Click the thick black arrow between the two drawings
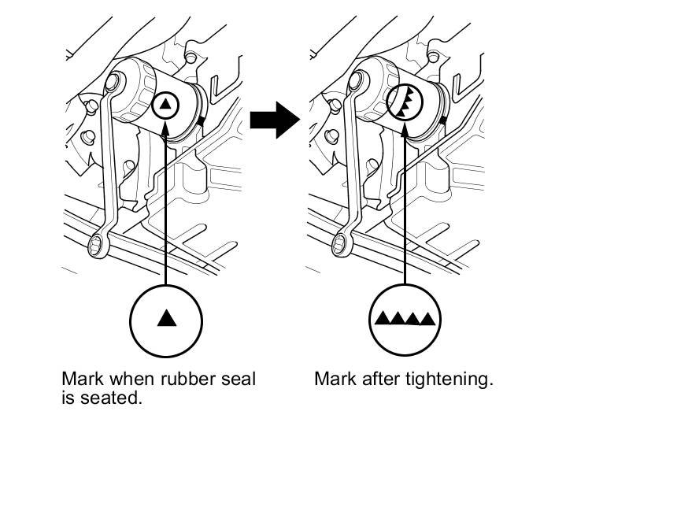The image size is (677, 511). tap(274, 121)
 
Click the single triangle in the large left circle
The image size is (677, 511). tap(166, 318)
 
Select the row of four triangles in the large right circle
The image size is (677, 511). tap(405, 319)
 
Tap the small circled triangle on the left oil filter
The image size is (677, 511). tap(166, 104)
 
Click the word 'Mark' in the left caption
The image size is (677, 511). tap(82, 379)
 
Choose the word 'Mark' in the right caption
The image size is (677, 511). tap(335, 379)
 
